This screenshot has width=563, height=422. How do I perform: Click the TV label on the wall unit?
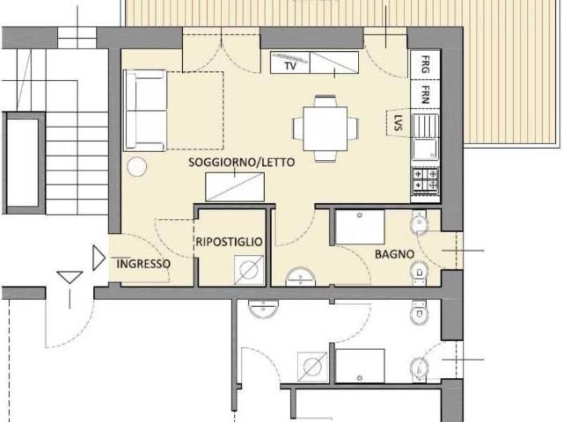[x=290, y=66]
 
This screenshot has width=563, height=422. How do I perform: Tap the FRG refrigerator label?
[x=426, y=64]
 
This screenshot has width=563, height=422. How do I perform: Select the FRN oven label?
[x=426, y=94]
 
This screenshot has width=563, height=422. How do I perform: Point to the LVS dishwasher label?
[x=398, y=122]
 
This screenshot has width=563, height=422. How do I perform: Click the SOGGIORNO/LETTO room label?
[x=242, y=162]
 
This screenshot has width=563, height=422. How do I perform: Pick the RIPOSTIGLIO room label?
[x=229, y=242]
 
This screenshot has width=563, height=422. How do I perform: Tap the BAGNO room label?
[x=395, y=254]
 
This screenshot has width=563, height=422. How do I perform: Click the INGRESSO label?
[x=143, y=264]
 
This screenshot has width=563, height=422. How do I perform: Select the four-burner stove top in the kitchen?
[x=426, y=181]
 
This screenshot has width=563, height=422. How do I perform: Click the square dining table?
[x=325, y=128]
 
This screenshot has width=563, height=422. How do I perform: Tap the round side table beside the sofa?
[x=137, y=167]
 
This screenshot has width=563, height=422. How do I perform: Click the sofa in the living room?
[x=145, y=111]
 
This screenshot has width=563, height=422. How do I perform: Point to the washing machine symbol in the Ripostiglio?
[x=249, y=269]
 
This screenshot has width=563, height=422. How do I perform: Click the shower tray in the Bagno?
[x=360, y=227]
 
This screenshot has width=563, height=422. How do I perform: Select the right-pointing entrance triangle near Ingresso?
[x=99, y=258]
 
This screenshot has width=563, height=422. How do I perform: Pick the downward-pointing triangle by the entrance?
[x=70, y=278]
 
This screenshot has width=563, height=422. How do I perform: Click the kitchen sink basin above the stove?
[x=425, y=149]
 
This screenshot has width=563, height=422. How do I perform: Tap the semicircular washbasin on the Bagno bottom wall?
[x=301, y=277]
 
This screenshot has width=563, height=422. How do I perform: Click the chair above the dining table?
[x=325, y=101]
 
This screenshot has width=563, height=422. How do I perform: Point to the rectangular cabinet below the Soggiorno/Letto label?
[x=235, y=187]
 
